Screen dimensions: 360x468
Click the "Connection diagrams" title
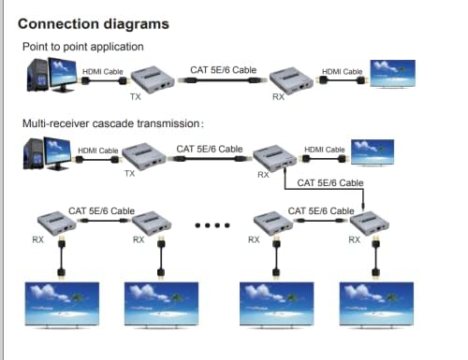[94, 22]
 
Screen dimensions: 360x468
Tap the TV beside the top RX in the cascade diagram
[373, 151]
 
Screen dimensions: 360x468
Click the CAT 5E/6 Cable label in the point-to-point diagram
[224, 69]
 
